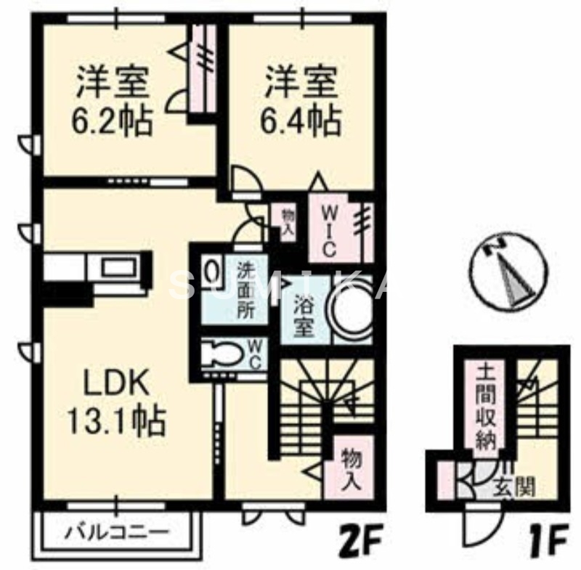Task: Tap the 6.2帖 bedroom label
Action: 113,102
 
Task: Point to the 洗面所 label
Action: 247,290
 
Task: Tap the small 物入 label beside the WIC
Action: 288,220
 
